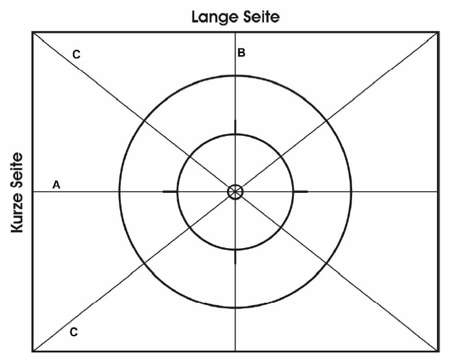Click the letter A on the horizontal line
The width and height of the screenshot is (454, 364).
56,184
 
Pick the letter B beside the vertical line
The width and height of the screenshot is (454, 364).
242,53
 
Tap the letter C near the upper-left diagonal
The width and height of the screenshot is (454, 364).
76,55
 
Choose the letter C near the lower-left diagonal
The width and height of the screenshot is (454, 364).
73,332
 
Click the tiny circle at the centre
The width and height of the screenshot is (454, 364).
235,192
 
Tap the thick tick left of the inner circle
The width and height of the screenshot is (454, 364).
170,192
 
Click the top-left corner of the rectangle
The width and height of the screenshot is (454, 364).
32,32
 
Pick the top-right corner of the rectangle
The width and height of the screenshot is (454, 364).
438,32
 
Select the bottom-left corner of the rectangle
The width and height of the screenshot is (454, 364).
32,351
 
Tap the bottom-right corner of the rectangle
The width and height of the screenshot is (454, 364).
438,351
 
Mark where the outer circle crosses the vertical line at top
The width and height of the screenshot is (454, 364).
235,75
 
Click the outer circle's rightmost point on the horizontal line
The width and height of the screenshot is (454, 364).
351,192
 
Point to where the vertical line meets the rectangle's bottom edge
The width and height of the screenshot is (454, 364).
235,351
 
